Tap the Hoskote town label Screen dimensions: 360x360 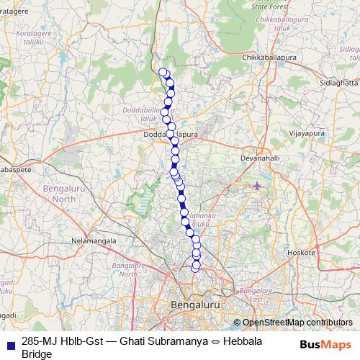pyautogui.click(x=302, y=253)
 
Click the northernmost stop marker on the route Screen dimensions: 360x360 pyautogui.click(x=163, y=71)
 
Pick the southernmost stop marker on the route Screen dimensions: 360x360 pyautogui.click(x=194, y=269)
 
